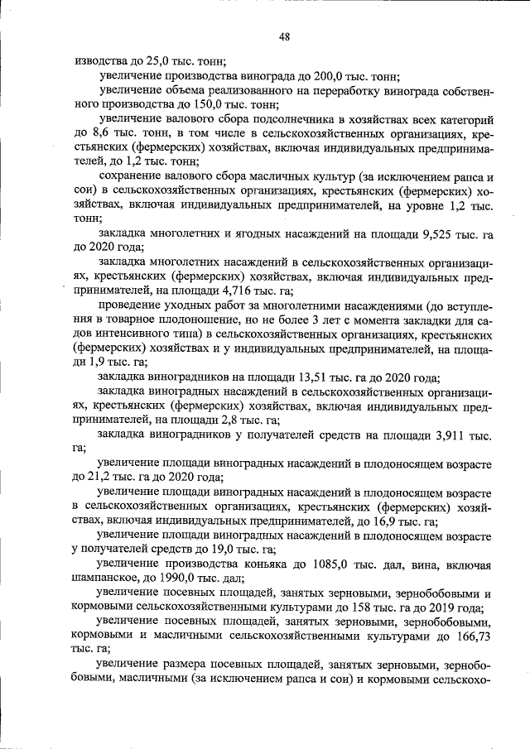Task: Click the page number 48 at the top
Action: click(x=284, y=36)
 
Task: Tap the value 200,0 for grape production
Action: click(x=333, y=75)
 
